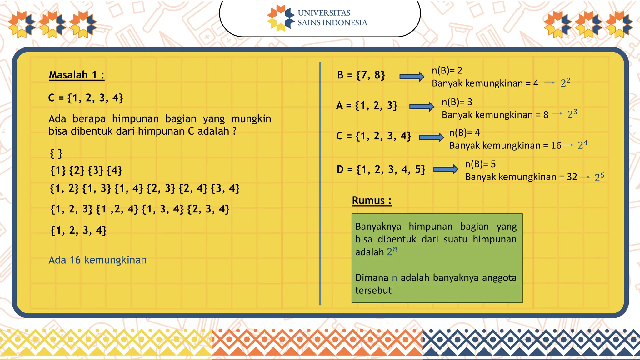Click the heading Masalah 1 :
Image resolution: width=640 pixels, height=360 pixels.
[77, 75]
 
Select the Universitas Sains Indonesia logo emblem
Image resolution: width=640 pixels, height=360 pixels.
[281, 18]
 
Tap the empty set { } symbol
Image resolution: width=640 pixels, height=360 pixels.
[56, 153]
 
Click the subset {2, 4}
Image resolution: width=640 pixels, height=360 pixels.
[193, 188]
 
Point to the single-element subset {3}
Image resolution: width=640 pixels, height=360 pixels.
[96, 170]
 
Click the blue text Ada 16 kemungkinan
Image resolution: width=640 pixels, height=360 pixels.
[97, 260]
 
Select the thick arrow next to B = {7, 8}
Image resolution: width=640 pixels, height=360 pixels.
[412, 77]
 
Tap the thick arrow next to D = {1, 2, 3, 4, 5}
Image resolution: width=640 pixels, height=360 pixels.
[446, 169]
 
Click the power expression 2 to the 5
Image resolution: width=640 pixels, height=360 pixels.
[599, 177]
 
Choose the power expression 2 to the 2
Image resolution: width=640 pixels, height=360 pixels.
[565, 82]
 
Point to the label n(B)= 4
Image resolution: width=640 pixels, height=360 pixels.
[464, 132]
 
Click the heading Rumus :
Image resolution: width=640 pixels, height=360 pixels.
[372, 200]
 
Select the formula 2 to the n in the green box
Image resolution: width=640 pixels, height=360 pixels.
[392, 251]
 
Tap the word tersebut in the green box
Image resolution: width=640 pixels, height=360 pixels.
[373, 290]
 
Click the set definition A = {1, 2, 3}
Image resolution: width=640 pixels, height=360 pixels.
[367, 106]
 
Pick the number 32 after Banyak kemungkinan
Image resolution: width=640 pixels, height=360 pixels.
[572, 177]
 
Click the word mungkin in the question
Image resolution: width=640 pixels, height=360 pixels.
[251, 119]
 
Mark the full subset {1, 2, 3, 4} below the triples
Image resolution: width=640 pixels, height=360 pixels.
[78, 231]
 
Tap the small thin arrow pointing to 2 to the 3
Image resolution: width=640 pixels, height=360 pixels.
[557, 114]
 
